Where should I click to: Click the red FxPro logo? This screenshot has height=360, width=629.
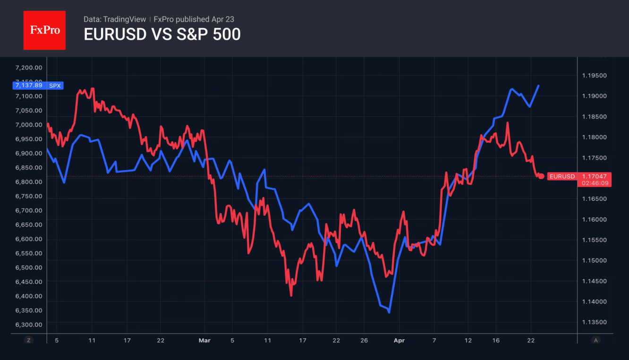[x=44, y=30]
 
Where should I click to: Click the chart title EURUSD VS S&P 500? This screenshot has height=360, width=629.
[x=162, y=34]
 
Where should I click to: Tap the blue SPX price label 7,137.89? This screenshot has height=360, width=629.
[x=28, y=86]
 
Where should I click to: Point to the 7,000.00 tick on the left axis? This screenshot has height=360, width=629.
[x=29, y=125]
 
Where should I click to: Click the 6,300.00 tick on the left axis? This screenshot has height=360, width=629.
[x=29, y=325]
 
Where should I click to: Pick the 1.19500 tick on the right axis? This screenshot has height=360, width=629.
[x=594, y=76]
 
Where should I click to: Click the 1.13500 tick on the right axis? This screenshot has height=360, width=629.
[x=594, y=322]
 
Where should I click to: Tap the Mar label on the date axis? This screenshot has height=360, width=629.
[x=204, y=340]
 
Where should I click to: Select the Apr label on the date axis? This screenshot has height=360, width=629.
[x=399, y=340]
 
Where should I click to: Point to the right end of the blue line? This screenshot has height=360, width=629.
[x=539, y=86]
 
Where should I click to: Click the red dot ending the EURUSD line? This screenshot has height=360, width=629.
[x=541, y=176]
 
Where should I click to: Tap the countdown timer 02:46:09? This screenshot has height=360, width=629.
[x=595, y=182]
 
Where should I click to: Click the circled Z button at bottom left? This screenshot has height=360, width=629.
[x=29, y=340]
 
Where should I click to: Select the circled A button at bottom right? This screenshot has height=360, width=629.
[x=595, y=340]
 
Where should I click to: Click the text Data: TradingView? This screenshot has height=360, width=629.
[x=115, y=19]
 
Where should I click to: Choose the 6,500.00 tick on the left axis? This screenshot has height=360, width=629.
[x=29, y=267]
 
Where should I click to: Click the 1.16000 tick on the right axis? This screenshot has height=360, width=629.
[x=594, y=220]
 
